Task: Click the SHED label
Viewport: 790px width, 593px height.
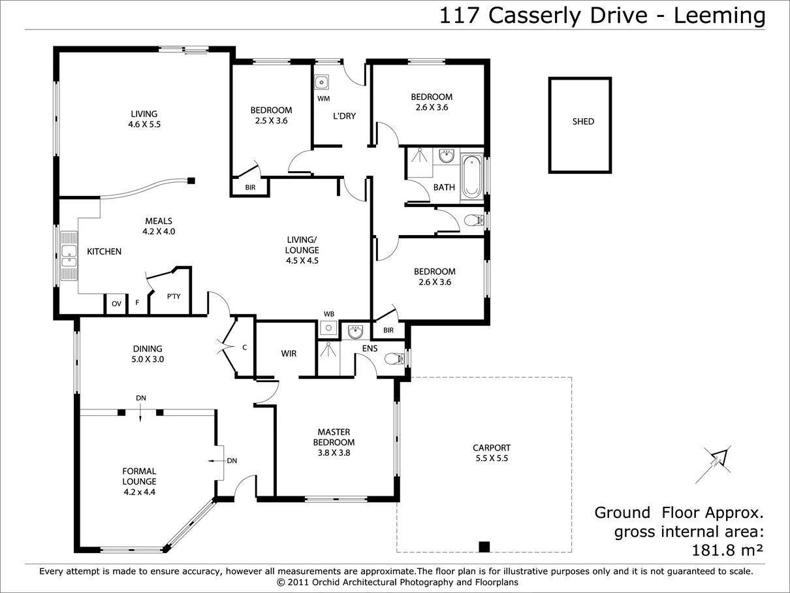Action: coord(583,121)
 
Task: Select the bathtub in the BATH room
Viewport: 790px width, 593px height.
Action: coord(471,176)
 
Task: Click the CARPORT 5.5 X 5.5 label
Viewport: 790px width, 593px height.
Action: coord(491,453)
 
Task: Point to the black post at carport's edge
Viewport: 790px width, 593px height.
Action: coord(484,547)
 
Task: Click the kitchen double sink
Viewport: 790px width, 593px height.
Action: coord(69,255)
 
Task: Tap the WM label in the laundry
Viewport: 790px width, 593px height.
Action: coord(323,99)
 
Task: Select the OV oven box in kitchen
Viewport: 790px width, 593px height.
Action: coord(116,304)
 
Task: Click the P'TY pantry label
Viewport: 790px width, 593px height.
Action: coord(173,296)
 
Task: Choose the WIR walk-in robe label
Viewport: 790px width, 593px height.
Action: coord(289,353)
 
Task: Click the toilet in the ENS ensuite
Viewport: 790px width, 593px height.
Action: coord(394,358)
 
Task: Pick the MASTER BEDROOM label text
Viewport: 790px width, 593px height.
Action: coord(334,437)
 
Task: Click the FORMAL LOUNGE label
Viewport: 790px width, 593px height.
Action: coord(139,476)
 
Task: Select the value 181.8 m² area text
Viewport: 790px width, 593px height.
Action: coord(727,550)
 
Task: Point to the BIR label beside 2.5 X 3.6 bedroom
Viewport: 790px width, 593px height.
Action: coord(249,188)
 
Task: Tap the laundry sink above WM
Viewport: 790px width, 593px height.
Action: coord(321,83)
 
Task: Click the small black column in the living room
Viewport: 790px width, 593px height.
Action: coord(191,181)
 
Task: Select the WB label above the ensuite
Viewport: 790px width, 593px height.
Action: coord(328,314)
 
